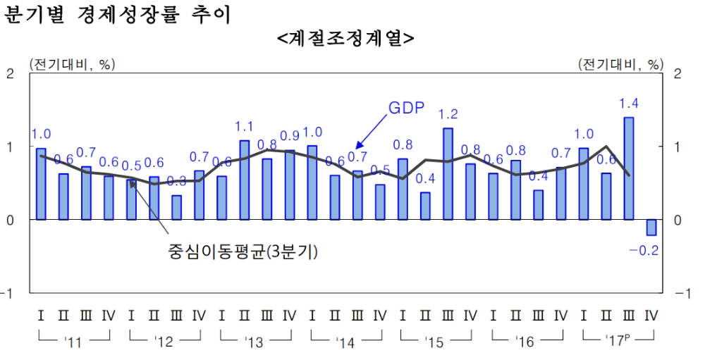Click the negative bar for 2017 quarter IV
tap(651, 227)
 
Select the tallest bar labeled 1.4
tap(628, 168)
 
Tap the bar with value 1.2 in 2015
tap(448, 174)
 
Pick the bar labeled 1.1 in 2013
tap(244, 180)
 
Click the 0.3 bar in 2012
tap(176, 207)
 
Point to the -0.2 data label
tap(644, 249)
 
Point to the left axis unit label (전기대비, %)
tap(71, 64)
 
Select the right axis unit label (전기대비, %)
tap(620, 64)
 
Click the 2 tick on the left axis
tap(10, 73)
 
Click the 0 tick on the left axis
tap(10, 220)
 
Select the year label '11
tap(73, 343)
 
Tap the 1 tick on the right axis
tap(678, 147)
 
